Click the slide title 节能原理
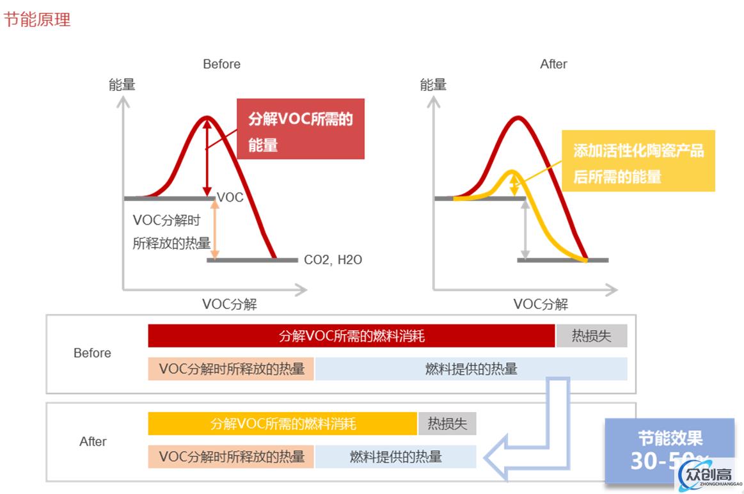[37, 19]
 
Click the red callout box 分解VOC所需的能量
[300, 129]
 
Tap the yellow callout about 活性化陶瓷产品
[638, 161]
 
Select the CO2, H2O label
[333, 260]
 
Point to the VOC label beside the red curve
[230, 197]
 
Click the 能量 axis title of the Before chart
[122, 84]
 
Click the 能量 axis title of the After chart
[433, 84]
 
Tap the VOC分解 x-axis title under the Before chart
[230, 304]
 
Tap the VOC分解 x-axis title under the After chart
[541, 304]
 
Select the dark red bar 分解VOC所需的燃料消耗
[351, 336]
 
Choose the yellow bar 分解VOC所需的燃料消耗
[283, 424]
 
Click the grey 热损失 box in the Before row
[591, 336]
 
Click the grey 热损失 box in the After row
[447, 424]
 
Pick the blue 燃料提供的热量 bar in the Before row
[471, 369]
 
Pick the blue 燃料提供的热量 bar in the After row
[395, 456]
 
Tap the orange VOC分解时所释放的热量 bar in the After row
[231, 456]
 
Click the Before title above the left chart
[221, 64]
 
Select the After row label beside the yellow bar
[93, 442]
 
